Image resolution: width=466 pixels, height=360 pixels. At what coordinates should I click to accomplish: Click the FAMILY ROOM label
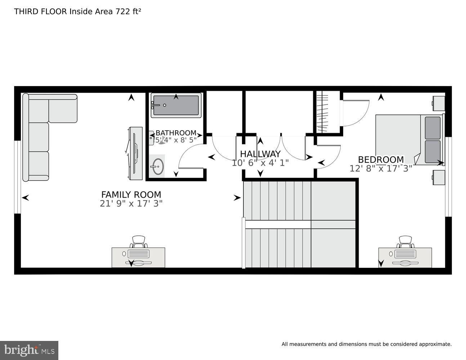click(x=131, y=194)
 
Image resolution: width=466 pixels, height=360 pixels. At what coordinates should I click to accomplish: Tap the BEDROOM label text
click(x=381, y=159)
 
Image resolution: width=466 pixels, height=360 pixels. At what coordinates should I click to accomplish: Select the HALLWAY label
click(x=260, y=154)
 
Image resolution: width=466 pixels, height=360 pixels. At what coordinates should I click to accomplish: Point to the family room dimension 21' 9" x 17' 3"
click(x=131, y=203)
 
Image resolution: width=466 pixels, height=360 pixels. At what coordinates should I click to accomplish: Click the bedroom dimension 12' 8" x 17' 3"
click(x=381, y=168)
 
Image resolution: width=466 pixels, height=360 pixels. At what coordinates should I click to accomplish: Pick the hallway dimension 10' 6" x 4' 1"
click(x=260, y=163)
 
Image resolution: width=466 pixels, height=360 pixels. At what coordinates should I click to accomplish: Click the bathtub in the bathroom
click(x=176, y=105)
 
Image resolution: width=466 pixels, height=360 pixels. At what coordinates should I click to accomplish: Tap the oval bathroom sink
click(x=158, y=166)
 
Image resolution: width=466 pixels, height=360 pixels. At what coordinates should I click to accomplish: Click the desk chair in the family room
click(x=139, y=242)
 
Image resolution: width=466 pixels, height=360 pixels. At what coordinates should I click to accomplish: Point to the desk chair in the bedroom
click(x=405, y=242)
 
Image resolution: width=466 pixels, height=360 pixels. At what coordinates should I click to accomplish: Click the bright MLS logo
click(x=29, y=350)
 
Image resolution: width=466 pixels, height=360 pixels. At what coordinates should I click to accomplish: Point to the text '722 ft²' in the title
click(x=128, y=12)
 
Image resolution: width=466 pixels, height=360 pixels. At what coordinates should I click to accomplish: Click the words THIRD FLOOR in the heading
click(x=41, y=12)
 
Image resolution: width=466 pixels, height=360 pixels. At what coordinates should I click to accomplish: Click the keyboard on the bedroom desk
click(x=405, y=254)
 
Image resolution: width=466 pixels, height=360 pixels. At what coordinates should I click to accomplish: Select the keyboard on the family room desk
click(x=139, y=254)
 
